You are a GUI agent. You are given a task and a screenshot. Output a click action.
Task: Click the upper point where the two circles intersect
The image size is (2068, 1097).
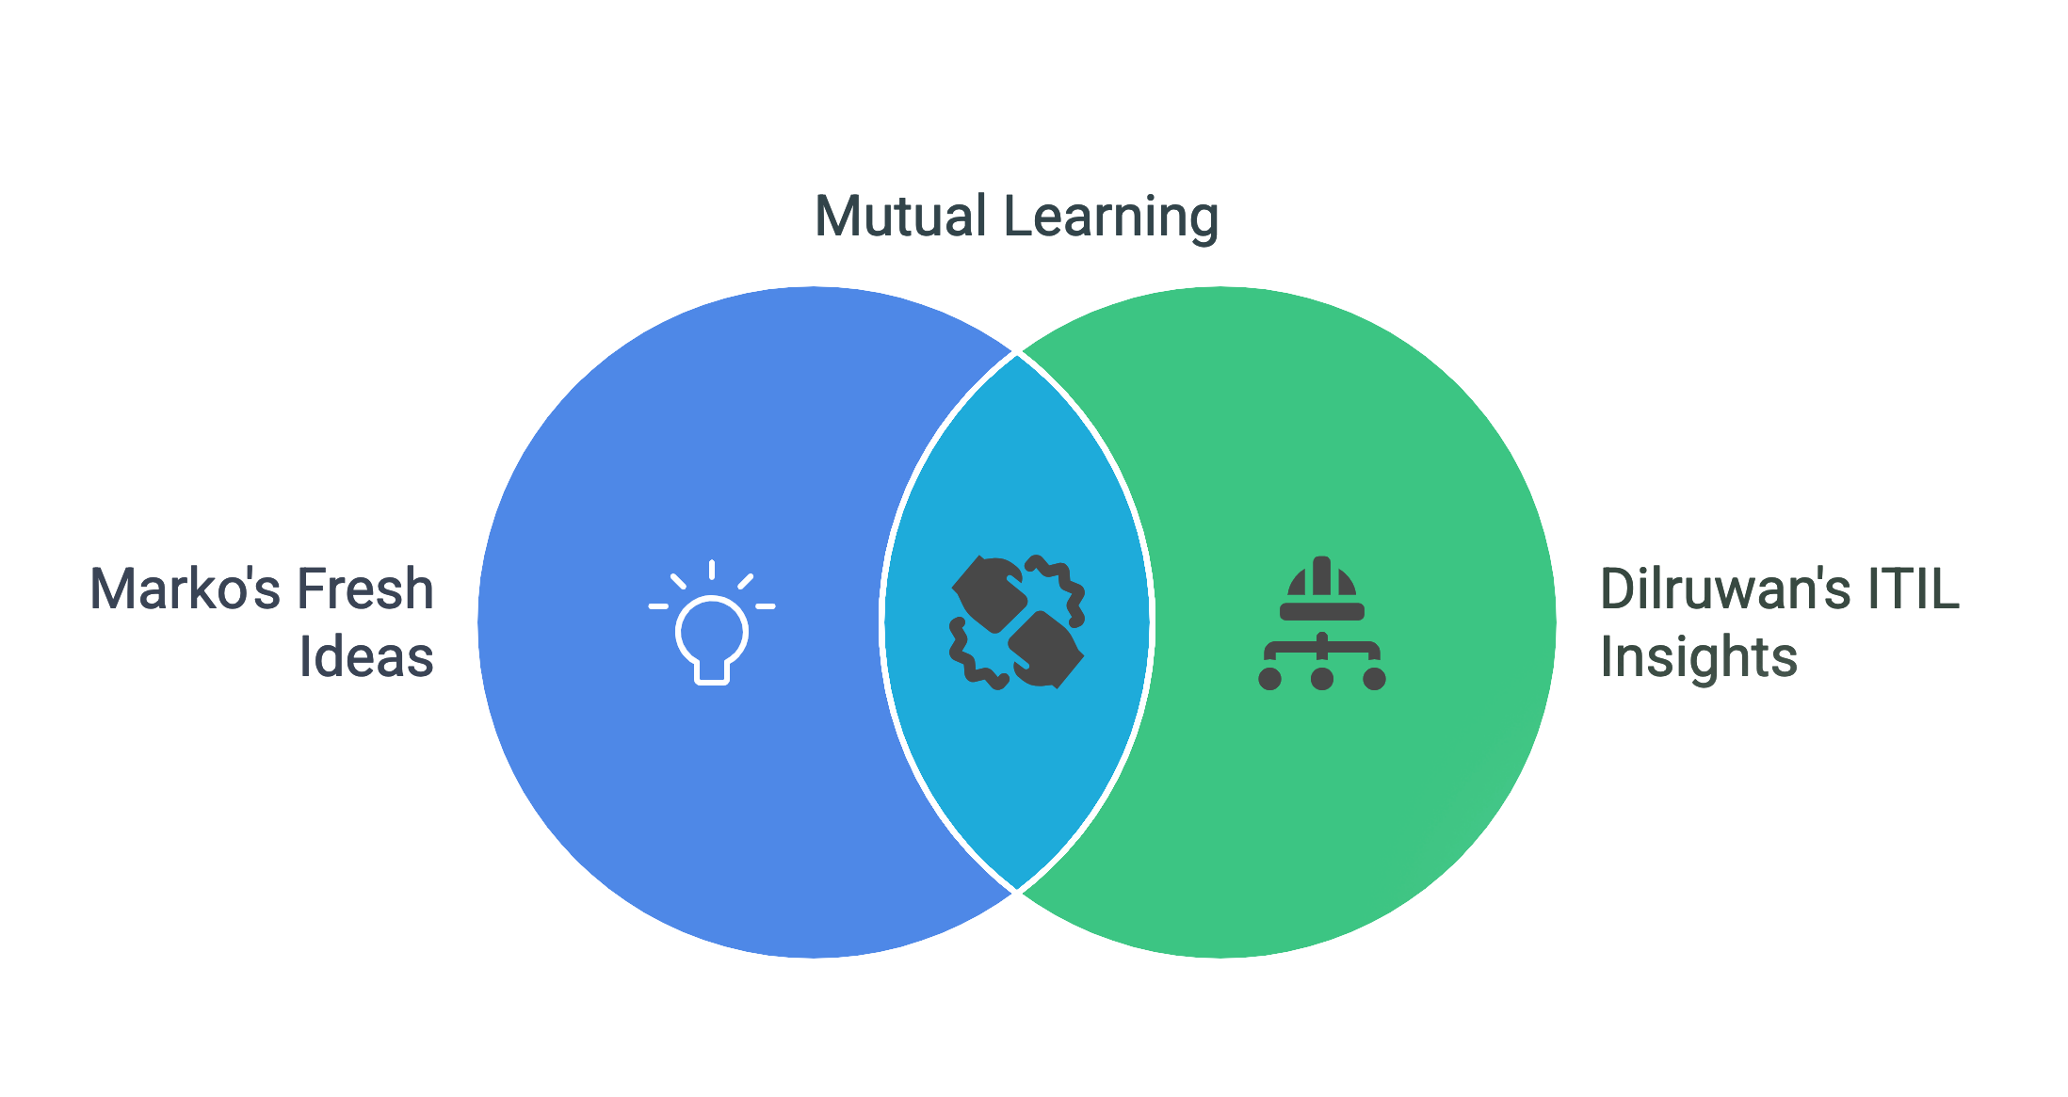(1017, 353)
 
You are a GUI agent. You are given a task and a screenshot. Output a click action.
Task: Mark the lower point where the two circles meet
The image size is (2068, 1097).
(1017, 892)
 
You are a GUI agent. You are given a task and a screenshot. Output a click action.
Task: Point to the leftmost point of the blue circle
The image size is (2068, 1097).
(478, 622)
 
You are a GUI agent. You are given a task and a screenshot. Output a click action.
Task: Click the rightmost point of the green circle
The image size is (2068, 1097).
(1556, 622)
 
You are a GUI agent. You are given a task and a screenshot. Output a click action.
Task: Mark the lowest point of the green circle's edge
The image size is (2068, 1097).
(1220, 958)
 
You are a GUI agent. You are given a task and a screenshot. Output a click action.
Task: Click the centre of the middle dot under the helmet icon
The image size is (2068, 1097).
(1322, 678)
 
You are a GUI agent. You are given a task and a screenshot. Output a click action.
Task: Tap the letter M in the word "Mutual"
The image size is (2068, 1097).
(835, 217)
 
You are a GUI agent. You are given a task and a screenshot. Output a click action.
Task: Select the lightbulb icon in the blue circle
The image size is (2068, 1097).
(712, 622)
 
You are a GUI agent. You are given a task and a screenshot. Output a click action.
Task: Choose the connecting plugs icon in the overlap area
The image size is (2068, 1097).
(1017, 622)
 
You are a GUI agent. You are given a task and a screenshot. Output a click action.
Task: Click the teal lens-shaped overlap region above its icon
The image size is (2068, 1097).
(1017, 452)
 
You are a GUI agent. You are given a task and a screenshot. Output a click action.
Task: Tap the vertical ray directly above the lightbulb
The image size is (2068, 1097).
(712, 570)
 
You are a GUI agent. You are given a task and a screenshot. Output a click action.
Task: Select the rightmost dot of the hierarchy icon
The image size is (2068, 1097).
(1375, 678)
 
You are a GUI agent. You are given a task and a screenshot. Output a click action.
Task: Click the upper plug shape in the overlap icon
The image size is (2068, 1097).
(989, 594)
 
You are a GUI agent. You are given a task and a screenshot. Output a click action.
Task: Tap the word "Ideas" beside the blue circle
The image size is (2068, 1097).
(366, 657)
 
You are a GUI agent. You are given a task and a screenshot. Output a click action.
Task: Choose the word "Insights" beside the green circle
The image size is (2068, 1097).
(1699, 657)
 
